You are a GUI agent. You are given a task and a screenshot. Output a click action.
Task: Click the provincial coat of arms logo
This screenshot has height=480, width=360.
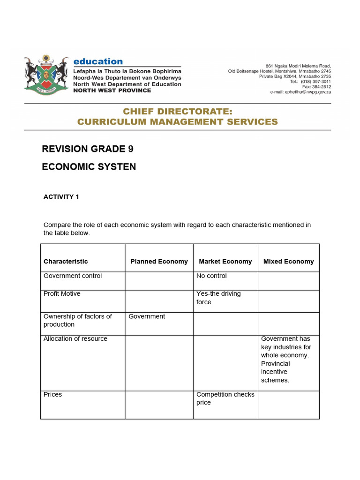[x=46, y=74]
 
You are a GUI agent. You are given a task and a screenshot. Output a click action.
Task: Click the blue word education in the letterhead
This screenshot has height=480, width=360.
[x=98, y=61]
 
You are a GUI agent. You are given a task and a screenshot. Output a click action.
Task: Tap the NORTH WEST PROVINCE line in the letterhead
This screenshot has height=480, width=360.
[x=112, y=90]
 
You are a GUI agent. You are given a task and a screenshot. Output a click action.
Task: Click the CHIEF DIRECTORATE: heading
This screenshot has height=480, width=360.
[x=177, y=111]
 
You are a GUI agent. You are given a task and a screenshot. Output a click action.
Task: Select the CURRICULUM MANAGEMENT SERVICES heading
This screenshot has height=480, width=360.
[x=177, y=122]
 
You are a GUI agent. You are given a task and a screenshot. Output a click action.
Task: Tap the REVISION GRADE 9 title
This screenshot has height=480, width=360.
[x=88, y=149]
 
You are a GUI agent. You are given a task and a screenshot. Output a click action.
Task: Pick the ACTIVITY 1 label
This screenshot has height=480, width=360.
[x=61, y=197]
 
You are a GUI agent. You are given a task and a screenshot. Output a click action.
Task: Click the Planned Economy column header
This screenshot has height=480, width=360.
[x=159, y=262]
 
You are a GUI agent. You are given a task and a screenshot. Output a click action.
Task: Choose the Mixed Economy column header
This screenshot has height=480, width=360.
[x=288, y=262]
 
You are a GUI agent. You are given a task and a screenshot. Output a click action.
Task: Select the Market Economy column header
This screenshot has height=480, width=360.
[x=225, y=262]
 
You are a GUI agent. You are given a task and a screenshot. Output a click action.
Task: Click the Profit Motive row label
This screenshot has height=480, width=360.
[x=62, y=294]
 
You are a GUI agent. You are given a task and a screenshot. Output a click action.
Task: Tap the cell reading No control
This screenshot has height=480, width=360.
[x=211, y=276]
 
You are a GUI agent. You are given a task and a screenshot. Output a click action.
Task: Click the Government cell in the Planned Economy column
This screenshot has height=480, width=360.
[x=147, y=316]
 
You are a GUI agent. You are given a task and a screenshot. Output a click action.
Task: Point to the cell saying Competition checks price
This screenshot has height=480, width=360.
[x=225, y=398]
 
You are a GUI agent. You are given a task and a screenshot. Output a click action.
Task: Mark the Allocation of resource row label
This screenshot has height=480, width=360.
[x=75, y=339]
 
